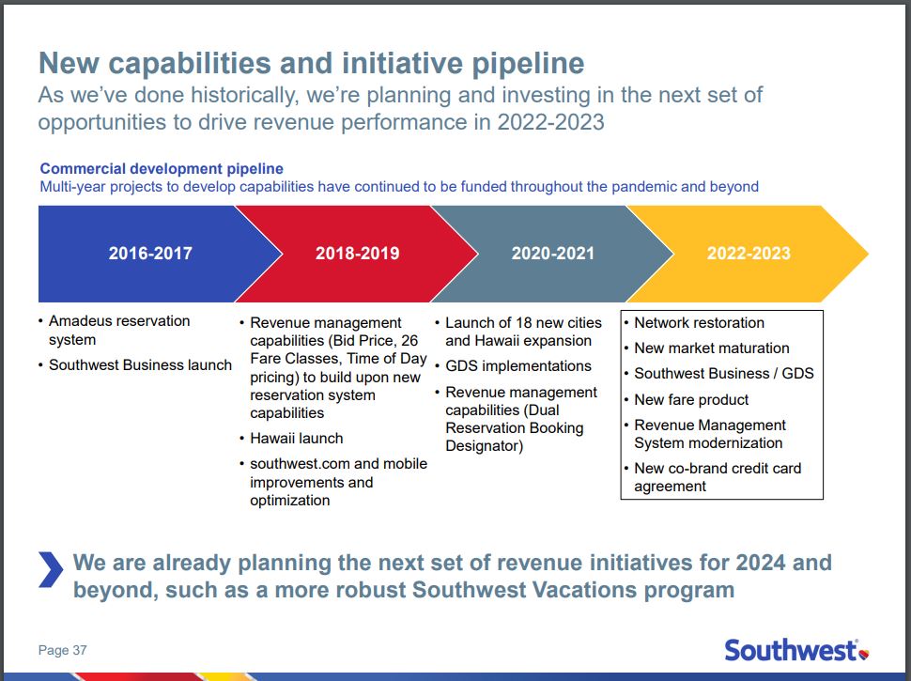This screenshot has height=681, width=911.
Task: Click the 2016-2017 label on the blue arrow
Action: (x=150, y=254)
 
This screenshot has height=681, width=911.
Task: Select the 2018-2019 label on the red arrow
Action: (x=357, y=254)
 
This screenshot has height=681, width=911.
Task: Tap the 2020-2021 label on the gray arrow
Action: (x=553, y=254)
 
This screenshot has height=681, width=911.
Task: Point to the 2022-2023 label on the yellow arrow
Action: (x=749, y=254)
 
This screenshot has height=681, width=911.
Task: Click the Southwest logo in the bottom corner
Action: (x=796, y=650)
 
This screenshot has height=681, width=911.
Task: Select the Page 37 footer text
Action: (x=63, y=650)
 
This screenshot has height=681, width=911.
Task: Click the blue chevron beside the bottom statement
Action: (x=51, y=569)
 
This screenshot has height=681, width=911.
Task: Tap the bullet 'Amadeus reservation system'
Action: (x=119, y=330)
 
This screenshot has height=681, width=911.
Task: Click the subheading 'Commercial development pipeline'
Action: (x=162, y=168)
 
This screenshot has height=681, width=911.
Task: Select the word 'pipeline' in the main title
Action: (x=528, y=64)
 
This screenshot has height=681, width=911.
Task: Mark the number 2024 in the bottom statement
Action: (x=761, y=563)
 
